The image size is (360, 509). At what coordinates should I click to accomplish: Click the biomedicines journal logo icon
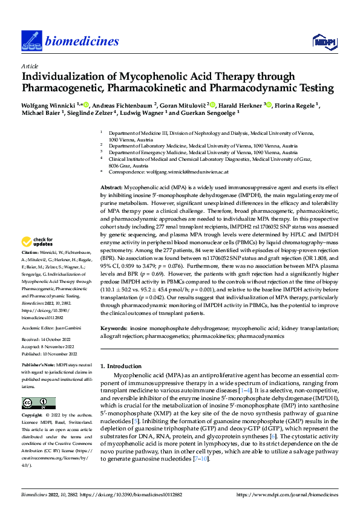tap(30, 40)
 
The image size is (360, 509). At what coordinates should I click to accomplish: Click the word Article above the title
tap(29, 66)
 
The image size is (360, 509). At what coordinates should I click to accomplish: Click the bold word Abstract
tap(111, 189)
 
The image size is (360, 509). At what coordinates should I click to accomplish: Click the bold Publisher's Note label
tap(38, 367)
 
